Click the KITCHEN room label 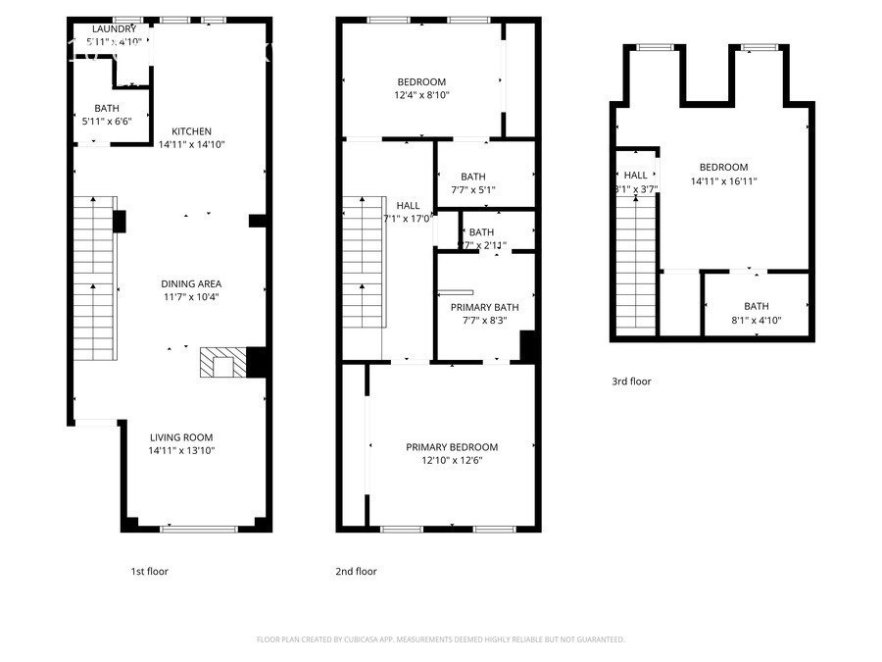tap(192, 131)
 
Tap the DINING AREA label tap(189, 283)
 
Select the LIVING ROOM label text tap(181, 437)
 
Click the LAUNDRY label tap(115, 29)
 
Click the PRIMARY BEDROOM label tap(452, 447)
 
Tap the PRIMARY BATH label tap(484, 307)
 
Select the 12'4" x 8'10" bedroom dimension tap(421, 95)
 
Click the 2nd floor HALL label tap(408, 205)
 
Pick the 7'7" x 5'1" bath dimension tap(473, 190)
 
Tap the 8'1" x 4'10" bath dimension tap(756, 320)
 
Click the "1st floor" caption tap(149, 571)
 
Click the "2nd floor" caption tap(357, 571)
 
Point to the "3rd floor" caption tap(631, 382)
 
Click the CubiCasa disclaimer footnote tap(440, 639)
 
